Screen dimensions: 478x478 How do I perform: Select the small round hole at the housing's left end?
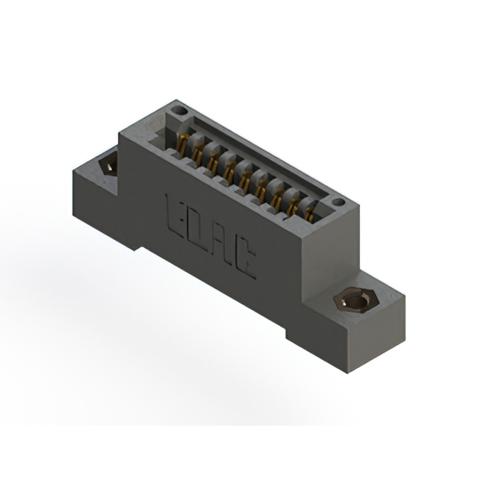coord(178,112)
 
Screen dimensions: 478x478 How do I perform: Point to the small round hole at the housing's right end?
coord(338,202)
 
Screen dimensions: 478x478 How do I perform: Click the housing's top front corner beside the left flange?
coord(119,137)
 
